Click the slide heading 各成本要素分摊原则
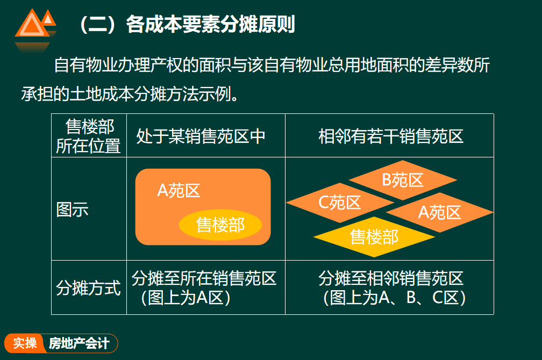(210, 25)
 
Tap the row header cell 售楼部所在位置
(89, 136)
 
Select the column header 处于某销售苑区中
(201, 136)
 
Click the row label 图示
(72, 210)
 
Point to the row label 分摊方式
(88, 287)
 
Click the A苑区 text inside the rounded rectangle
(179, 190)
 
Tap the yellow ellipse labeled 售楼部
(220, 225)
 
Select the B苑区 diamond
(403, 180)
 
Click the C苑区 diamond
(340, 203)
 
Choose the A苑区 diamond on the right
(439, 212)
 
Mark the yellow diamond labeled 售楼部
(374, 237)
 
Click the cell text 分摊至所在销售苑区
(204, 278)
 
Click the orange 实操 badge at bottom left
(25, 343)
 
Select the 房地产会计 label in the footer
(79, 343)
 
